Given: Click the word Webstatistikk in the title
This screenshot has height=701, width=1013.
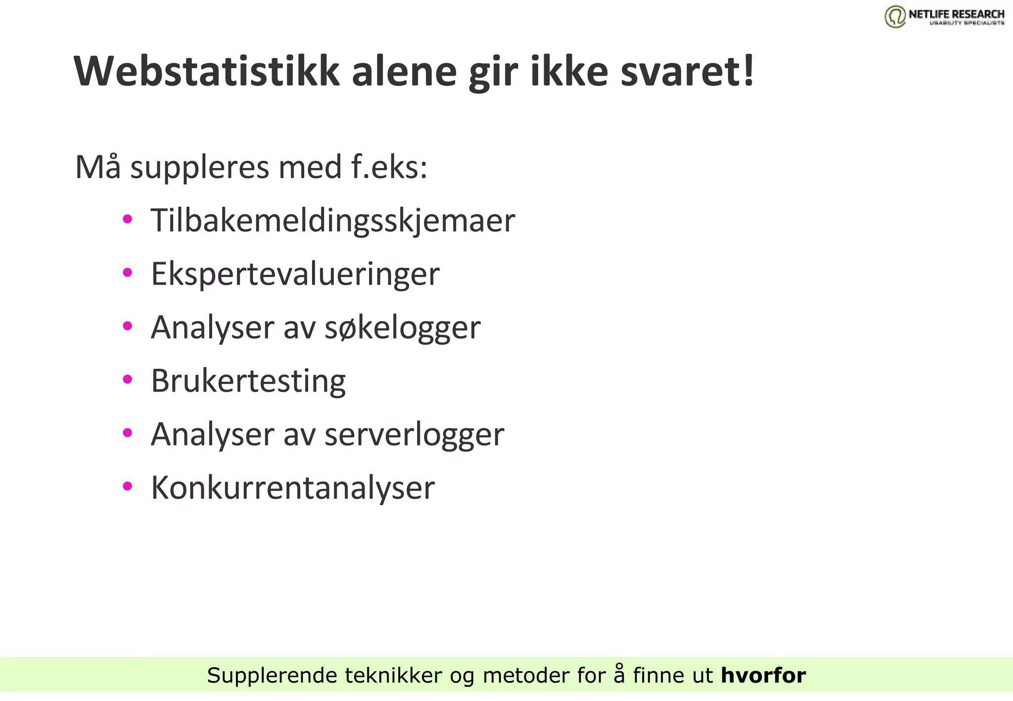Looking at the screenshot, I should click(207, 72).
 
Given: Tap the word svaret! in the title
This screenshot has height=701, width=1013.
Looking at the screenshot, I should click(687, 72).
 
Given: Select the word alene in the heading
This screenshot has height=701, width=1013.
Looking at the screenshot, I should click(404, 72).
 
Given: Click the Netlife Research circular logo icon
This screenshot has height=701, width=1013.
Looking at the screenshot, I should click(895, 16).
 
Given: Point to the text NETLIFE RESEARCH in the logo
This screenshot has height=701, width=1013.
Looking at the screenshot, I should click(956, 14).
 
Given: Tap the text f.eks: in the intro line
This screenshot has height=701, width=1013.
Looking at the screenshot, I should click(389, 167).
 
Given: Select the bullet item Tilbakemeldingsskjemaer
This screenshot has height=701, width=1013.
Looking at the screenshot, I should click(333, 220).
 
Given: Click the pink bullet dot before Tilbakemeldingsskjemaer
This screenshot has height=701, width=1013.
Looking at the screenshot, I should click(128, 219).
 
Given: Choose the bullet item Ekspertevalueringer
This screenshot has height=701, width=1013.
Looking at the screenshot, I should click(295, 274).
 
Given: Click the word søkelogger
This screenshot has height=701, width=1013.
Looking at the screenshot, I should click(402, 327).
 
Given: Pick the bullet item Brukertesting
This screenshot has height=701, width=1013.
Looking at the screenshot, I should click(248, 381).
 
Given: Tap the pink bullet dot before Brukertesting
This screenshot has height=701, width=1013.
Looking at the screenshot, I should click(128, 379).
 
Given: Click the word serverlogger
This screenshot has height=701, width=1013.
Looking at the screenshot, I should click(414, 434).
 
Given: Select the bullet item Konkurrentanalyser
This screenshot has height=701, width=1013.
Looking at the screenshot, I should click(293, 487).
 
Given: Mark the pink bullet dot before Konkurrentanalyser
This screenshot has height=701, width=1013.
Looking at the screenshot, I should click(128, 486).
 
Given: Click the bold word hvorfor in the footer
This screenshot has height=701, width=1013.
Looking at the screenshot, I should click(763, 675).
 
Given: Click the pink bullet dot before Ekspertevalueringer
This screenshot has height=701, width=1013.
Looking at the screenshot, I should click(128, 272).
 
